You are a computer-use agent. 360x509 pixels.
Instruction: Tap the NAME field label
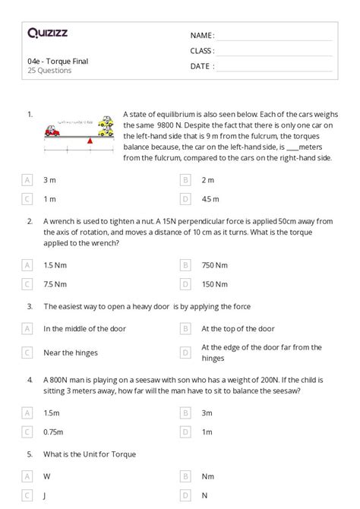pyautogui.click(x=202, y=36)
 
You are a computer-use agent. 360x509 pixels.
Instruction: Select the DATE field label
pyautogui.click(x=202, y=66)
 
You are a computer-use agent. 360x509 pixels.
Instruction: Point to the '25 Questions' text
pyautogui.click(x=49, y=71)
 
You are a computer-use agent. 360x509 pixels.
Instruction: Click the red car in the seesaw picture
pyautogui.click(x=52, y=131)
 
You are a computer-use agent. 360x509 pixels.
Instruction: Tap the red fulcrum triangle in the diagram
pyautogui.click(x=90, y=141)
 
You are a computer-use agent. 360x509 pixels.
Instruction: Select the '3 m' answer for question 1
pyautogui.click(x=49, y=180)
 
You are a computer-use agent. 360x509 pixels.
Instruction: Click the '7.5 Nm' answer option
pyautogui.click(x=55, y=284)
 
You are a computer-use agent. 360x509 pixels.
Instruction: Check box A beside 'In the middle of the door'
pyautogui.click(x=27, y=329)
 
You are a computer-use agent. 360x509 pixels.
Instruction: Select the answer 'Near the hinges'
pyautogui.click(x=71, y=353)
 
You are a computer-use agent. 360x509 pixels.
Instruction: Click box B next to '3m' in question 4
pyautogui.click(x=185, y=413)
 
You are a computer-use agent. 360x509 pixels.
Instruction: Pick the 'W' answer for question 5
pyautogui.click(x=47, y=477)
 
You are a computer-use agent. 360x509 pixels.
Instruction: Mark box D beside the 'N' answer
pyautogui.click(x=185, y=496)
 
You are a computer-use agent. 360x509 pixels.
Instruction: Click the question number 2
pyautogui.click(x=30, y=221)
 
